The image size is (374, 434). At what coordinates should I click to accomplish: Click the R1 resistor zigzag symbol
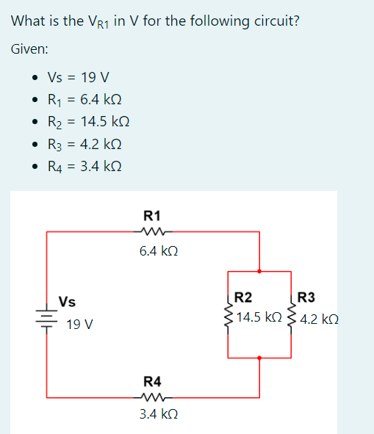coord(154,231)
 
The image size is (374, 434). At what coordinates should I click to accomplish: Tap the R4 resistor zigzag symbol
coord(154,398)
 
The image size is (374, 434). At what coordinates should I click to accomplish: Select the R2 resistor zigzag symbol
coord(229,315)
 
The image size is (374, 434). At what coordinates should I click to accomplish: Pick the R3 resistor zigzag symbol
coord(292,315)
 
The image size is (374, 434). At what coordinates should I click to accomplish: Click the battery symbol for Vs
coord(46,318)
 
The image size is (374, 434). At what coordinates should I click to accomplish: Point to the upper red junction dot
coord(259,271)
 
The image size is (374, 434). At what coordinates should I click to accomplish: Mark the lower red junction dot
coord(259,358)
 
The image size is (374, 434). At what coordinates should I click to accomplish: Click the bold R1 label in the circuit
coord(152,216)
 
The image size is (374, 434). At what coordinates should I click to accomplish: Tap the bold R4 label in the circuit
coord(152,382)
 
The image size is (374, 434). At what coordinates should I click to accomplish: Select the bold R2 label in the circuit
coord(243,297)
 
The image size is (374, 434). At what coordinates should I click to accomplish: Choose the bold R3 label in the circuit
coord(306,297)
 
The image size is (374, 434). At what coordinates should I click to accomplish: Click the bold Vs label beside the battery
coord(67,302)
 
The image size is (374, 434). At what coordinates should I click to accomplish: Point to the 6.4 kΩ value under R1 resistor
coord(159,251)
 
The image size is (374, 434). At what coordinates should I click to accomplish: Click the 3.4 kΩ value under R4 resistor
coord(159,414)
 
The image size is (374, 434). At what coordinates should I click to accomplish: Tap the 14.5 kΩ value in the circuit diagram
coord(259,317)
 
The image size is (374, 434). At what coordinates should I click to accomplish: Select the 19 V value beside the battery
coord(80,325)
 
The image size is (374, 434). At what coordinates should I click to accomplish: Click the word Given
coord(29,49)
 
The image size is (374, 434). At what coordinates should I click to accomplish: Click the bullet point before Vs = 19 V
coord(35,78)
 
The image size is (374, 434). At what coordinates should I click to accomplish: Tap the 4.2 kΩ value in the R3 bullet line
coord(101,144)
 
